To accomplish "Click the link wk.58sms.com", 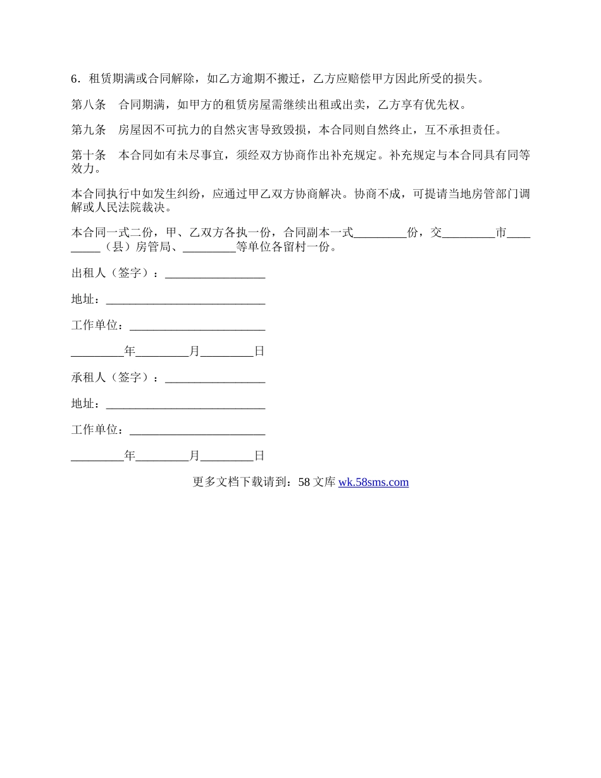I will click(373, 482).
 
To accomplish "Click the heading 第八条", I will click(89, 104).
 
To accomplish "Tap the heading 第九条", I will click(89, 130).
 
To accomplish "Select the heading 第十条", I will click(89, 156).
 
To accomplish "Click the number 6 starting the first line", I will click(74, 79).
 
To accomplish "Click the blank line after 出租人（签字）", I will click(214, 274).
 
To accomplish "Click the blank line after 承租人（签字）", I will click(214, 378).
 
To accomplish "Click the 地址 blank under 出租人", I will click(185, 300).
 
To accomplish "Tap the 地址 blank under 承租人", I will click(185, 404).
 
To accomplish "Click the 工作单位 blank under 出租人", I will click(197, 326).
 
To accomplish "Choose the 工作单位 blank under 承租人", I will click(197, 429).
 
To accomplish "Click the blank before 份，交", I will click(380, 233).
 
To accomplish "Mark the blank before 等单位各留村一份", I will click(209, 248).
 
